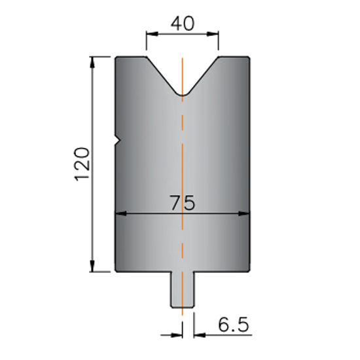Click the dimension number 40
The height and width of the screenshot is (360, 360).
(183, 24)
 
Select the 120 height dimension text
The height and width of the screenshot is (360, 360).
(82, 164)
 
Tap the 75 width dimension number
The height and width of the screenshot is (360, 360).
(183, 202)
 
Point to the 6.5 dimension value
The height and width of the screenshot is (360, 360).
(233, 325)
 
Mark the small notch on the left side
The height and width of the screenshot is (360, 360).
(118, 140)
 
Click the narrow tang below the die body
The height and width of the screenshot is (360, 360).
(183, 289)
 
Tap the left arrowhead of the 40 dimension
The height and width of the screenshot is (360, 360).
(152, 34)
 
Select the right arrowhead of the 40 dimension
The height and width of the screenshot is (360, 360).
(213, 34)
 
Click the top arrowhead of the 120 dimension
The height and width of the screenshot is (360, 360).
(92, 62)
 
